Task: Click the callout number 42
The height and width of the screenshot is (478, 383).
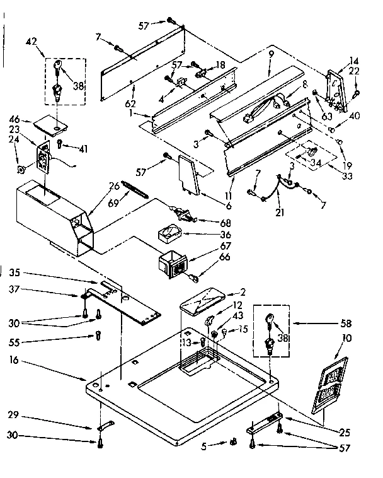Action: point(31,42)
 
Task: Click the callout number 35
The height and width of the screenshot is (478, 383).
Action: point(14,272)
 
